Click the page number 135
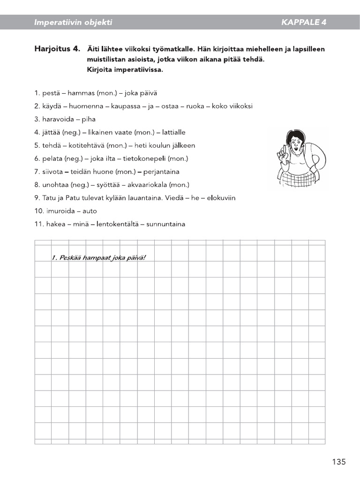(338, 462)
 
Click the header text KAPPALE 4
(304, 22)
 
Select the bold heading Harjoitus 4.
(57, 49)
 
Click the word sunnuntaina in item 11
(165, 224)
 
